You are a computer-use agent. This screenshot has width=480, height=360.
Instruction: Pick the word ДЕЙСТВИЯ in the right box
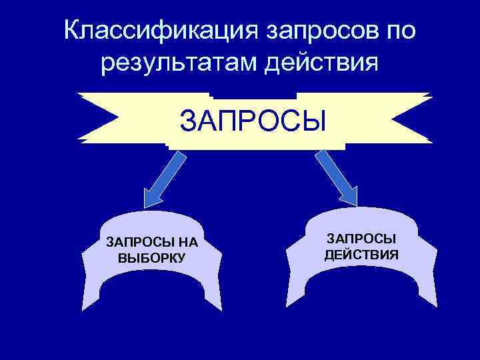pos(361,254)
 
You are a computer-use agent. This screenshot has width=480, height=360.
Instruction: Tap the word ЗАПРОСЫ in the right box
pos(361,239)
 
